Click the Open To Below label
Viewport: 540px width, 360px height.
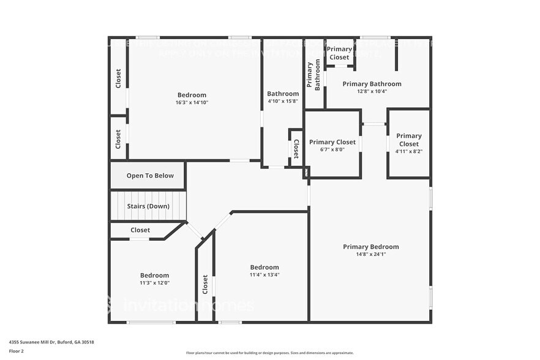click(150, 176)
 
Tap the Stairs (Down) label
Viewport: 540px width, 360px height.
click(148, 206)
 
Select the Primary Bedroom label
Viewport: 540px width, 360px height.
click(370, 247)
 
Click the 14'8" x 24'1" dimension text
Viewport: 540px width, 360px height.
click(370, 255)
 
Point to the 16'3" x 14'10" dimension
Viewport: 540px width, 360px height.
click(192, 103)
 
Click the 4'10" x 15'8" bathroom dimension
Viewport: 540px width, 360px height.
click(283, 102)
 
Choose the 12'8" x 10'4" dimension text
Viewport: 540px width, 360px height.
click(372, 92)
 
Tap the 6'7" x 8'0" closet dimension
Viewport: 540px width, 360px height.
click(332, 149)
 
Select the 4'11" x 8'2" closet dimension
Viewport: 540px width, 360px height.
click(408, 151)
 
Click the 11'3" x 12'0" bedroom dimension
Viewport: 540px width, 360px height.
click(154, 283)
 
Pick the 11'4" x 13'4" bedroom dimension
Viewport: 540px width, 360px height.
click(264, 275)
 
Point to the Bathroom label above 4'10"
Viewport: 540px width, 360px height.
click(283, 94)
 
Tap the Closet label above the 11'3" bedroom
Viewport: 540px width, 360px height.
click(140, 230)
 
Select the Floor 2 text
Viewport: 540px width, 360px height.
click(17, 351)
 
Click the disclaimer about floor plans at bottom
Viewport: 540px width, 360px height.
click(269, 353)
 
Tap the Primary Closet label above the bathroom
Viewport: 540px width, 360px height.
click(339, 53)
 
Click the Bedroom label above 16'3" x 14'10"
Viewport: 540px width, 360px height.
click(192, 95)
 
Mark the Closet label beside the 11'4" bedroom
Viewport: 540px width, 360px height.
click(205, 284)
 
